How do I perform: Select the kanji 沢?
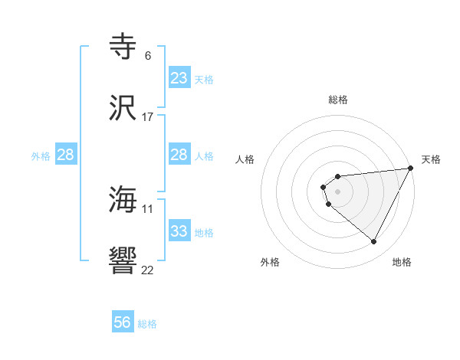[x=123, y=107]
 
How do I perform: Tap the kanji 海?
[x=123, y=200]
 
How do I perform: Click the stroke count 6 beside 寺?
[x=147, y=56]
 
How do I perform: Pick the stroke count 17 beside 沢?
[x=147, y=116]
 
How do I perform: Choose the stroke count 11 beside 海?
[x=147, y=208]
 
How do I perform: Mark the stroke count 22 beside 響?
[x=147, y=269]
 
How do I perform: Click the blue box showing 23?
[x=179, y=78]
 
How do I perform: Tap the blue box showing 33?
[x=179, y=231]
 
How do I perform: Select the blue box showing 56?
[x=123, y=322]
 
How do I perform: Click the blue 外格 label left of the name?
[x=41, y=156]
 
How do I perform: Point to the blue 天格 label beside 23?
[x=204, y=80]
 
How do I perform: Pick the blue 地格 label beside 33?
[x=204, y=233]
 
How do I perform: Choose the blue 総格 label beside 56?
[x=147, y=324]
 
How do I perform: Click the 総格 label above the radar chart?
[x=338, y=100]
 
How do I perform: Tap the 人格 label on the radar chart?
[x=245, y=159]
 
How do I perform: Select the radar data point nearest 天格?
[x=412, y=169]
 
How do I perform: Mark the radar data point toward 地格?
[x=374, y=242]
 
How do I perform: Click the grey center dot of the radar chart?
[x=338, y=191]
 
